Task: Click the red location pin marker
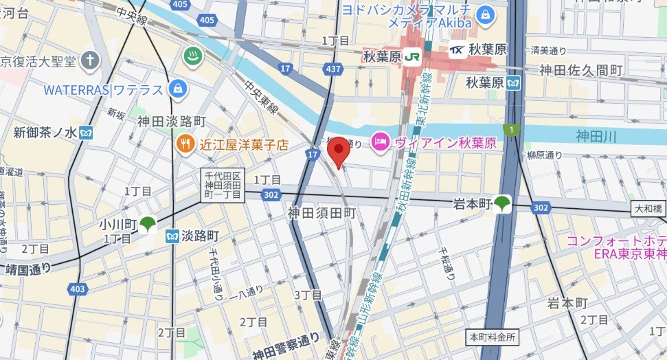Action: click(x=337, y=150)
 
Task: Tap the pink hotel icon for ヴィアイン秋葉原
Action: click(x=379, y=142)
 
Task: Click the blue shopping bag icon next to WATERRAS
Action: click(x=178, y=89)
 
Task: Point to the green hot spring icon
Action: click(x=192, y=56)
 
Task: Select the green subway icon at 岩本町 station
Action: click(x=504, y=204)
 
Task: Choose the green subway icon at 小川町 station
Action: click(x=148, y=224)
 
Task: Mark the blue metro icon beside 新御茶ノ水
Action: click(x=86, y=132)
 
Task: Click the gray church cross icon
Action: click(x=89, y=60)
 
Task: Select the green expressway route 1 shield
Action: click(x=509, y=129)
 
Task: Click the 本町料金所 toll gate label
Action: click(x=493, y=337)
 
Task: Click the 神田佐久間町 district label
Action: click(x=580, y=70)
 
